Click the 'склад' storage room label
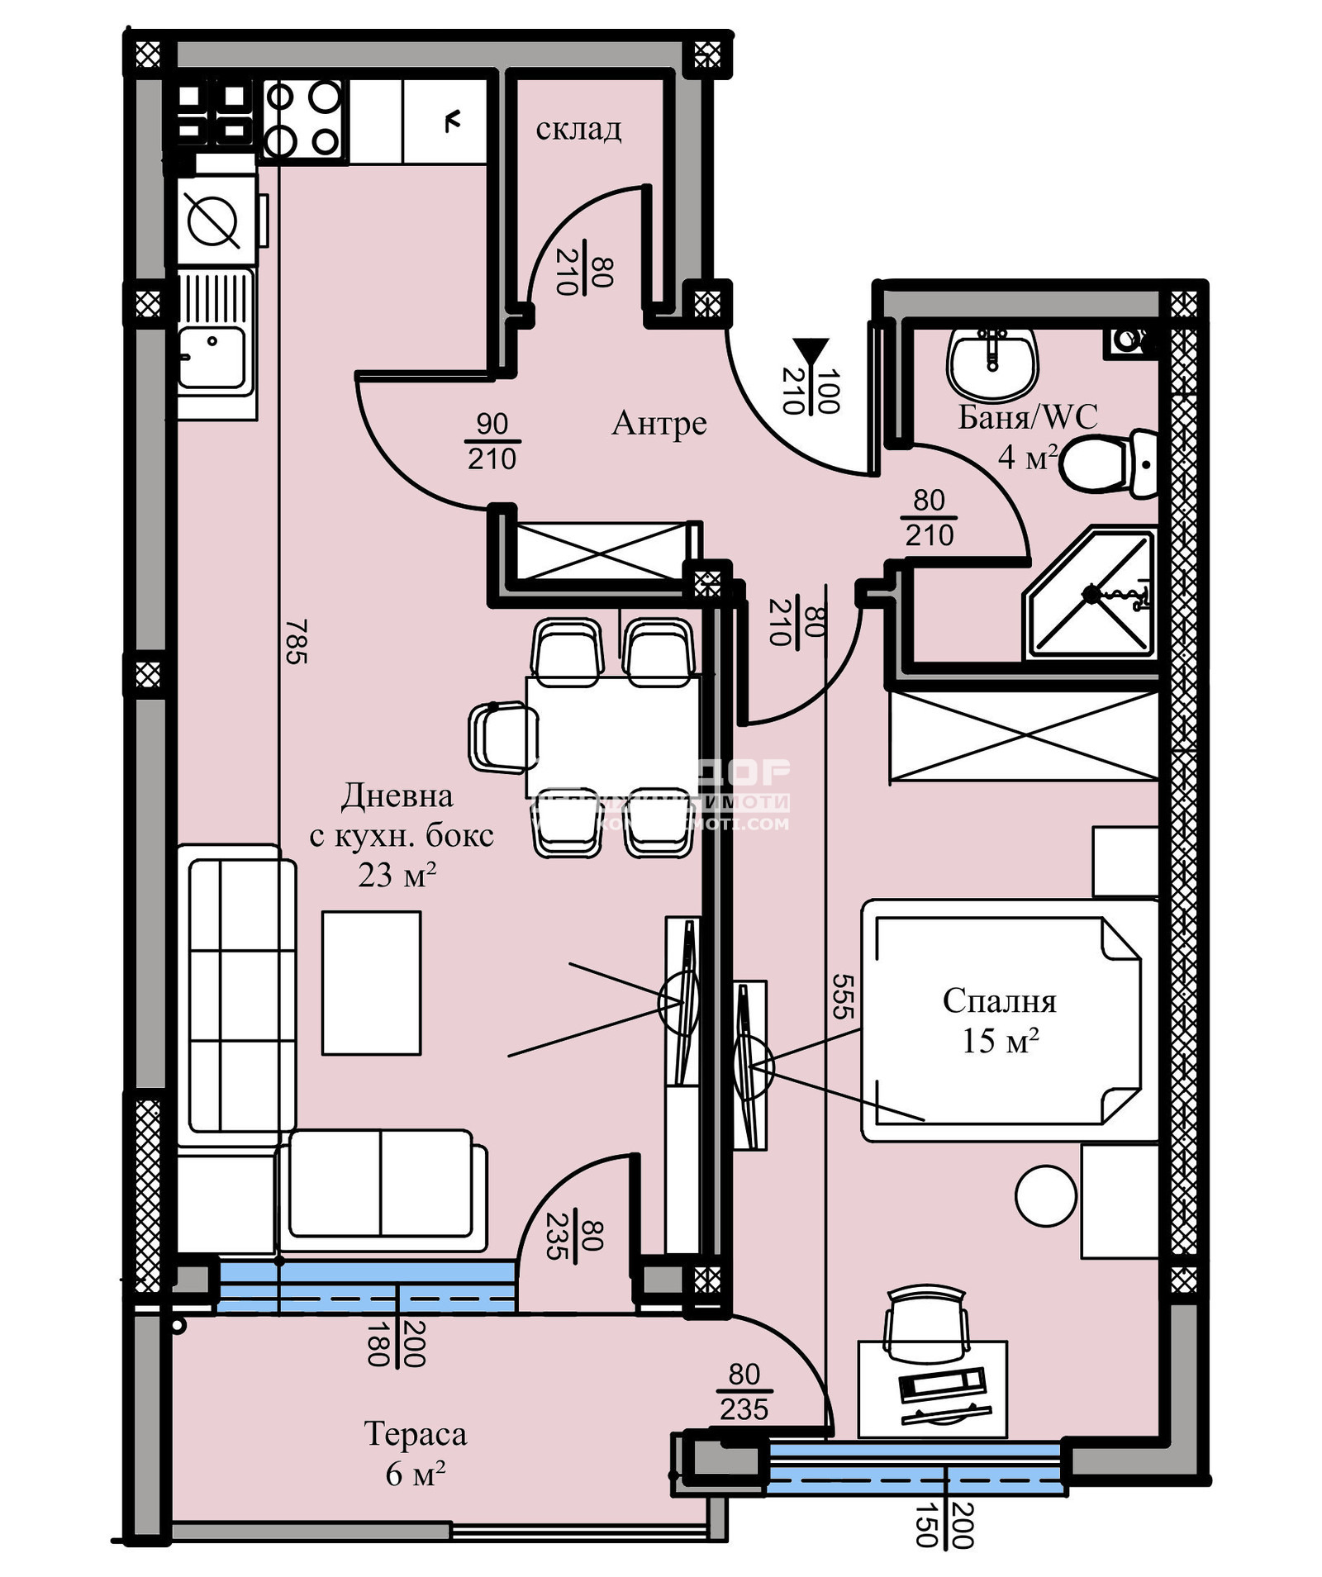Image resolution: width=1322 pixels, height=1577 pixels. [x=578, y=129]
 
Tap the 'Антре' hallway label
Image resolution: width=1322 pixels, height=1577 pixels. [x=659, y=423]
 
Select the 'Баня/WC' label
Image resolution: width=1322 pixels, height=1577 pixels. [x=1027, y=417]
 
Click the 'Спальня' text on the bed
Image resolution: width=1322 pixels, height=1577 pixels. [x=999, y=1000]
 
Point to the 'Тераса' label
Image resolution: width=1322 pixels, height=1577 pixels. [x=415, y=1433]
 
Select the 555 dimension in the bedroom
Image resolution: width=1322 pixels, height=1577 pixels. [x=842, y=995]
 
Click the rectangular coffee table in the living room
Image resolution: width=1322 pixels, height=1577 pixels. [x=371, y=983]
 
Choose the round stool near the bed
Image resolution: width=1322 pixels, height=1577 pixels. [x=1045, y=1195]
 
